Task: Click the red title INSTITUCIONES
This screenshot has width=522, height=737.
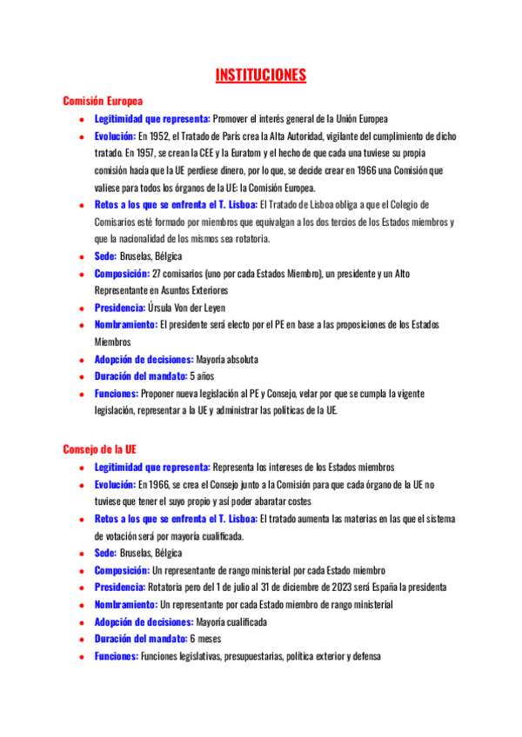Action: [x=261, y=76]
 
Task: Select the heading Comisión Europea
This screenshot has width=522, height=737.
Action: [x=102, y=101]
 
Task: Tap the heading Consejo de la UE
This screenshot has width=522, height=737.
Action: [x=99, y=449]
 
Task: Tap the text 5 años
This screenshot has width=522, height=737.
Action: [x=202, y=376]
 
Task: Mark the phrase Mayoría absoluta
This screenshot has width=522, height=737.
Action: [x=226, y=359]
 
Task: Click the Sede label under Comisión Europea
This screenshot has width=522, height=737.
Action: [x=105, y=257]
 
